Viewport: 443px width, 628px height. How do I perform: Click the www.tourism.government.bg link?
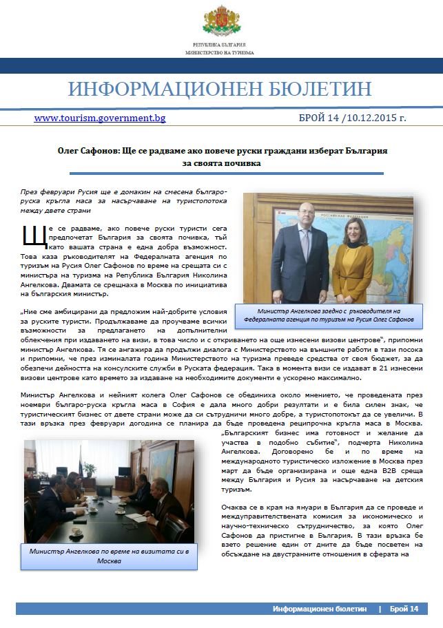pyautogui.click(x=100, y=118)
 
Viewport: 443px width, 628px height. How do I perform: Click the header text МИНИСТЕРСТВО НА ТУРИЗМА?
pyautogui.click(x=220, y=52)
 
